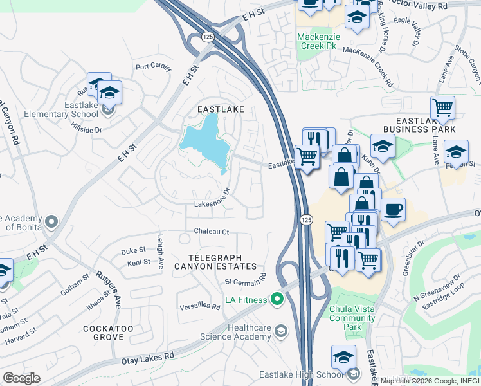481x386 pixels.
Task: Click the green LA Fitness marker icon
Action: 277,299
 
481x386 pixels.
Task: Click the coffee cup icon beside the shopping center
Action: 393,208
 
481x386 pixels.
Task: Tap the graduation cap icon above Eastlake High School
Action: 344,356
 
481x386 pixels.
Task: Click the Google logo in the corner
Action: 21,378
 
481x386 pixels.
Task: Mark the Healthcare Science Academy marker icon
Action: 281,331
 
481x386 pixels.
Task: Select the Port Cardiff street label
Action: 152,66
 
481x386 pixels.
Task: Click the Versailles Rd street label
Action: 200,306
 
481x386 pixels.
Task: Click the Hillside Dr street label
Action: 89,129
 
